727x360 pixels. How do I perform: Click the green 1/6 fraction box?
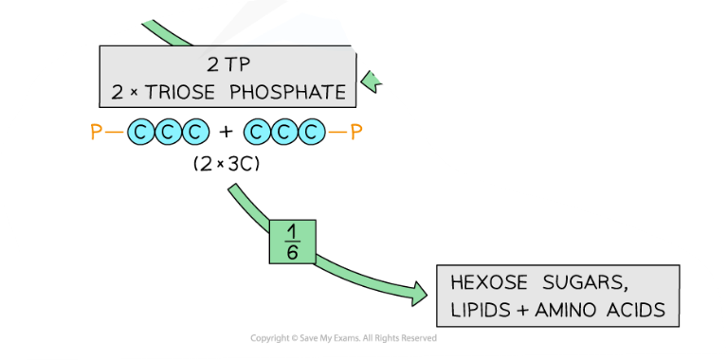292,242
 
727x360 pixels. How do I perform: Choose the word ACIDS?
637,310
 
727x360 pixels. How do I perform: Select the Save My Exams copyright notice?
343,338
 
